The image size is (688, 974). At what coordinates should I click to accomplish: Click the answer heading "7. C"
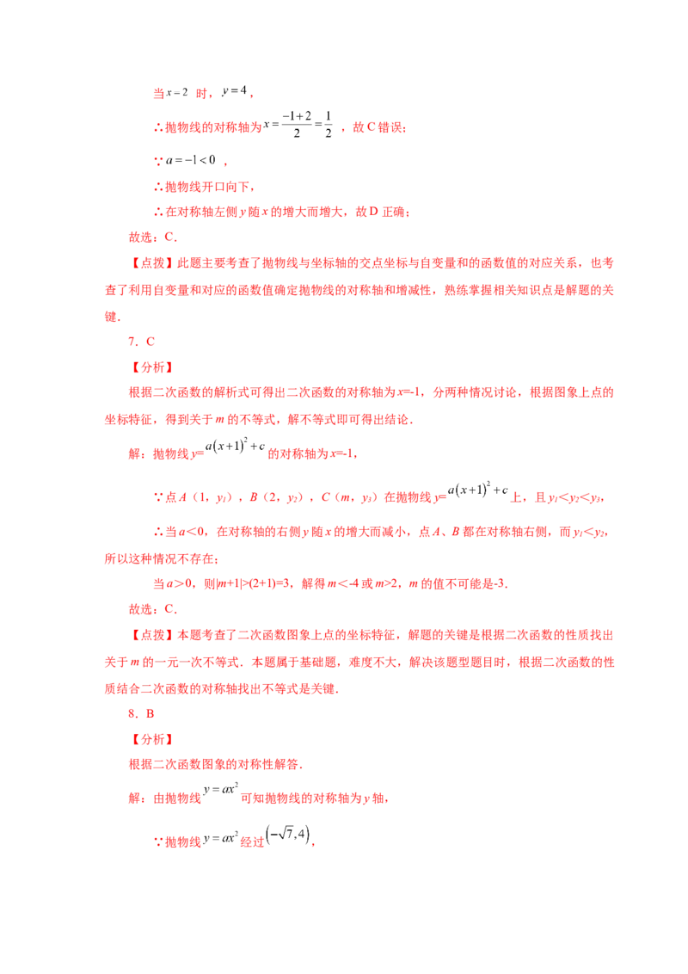[142, 342]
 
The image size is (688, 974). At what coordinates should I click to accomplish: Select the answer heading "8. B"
[142, 714]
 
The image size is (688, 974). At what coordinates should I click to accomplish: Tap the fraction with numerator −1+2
[297, 124]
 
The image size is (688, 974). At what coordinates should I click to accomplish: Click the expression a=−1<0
[191, 160]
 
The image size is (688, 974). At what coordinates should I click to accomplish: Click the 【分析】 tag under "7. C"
[151, 367]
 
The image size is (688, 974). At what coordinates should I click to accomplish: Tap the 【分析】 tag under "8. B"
[151, 739]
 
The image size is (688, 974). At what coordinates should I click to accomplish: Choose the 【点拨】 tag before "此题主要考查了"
[151, 262]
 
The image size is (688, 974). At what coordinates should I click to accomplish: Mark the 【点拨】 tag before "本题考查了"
[151, 635]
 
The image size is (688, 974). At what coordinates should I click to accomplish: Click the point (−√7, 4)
[287, 835]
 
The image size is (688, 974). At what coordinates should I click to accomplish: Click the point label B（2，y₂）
[277, 497]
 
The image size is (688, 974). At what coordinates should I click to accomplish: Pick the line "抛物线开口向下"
[209, 187]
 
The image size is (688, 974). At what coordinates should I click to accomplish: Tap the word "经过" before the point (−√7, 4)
[252, 842]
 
